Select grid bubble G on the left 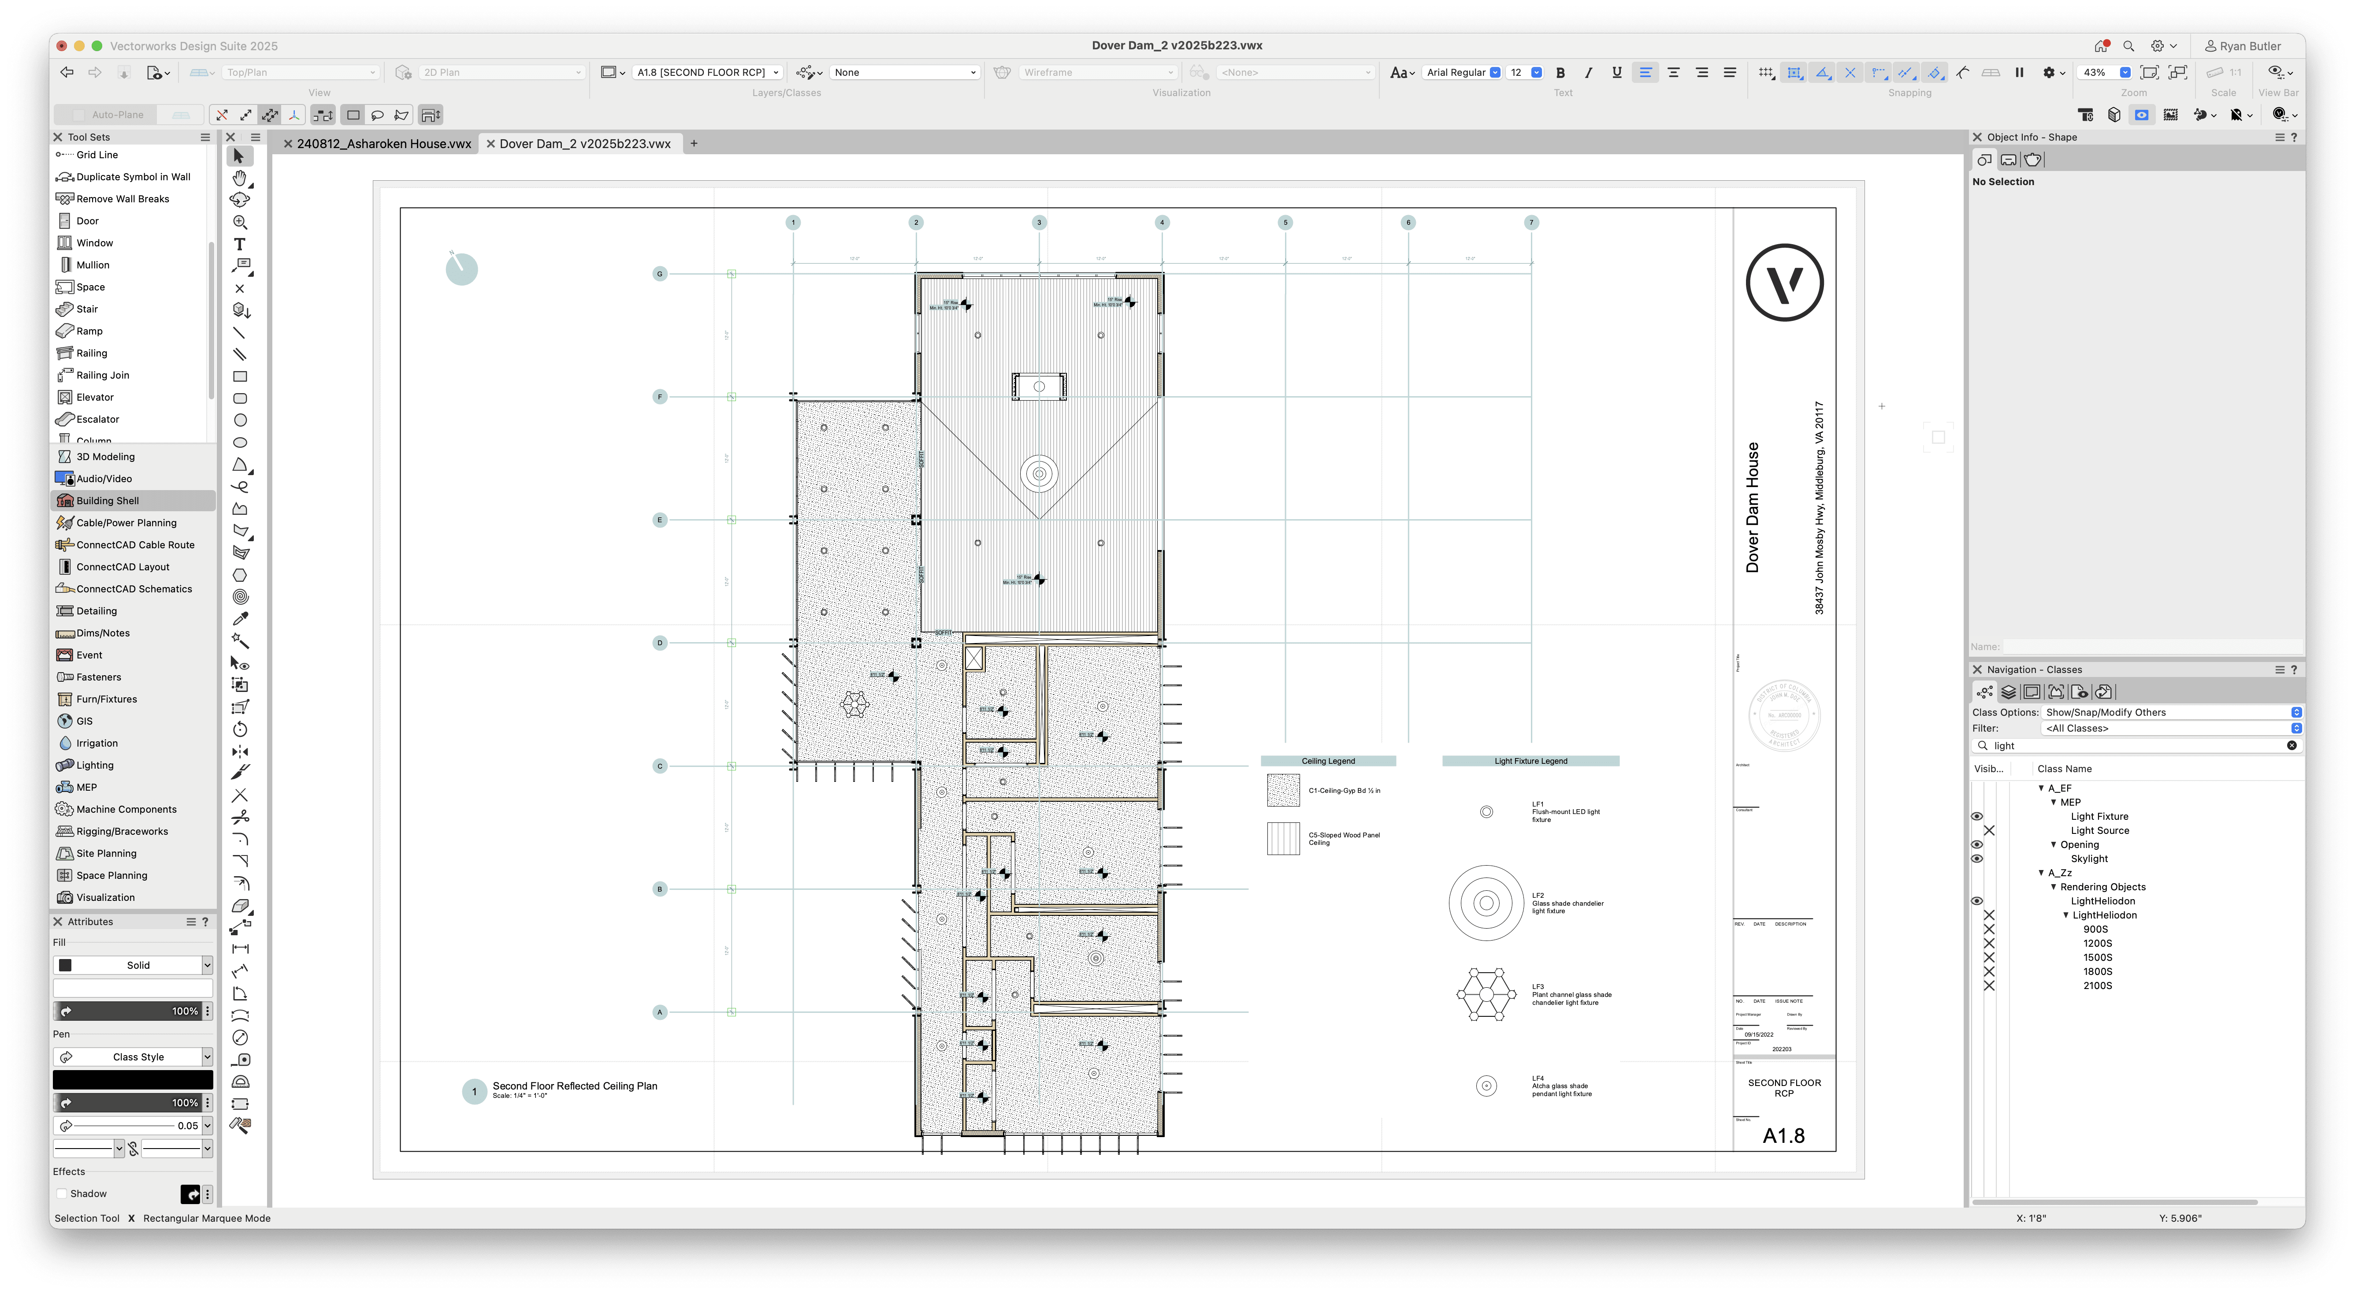coord(659,273)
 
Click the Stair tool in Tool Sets coord(87,309)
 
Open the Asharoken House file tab coord(383,144)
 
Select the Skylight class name coord(2089,859)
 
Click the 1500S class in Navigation coord(2097,957)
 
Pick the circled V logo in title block coord(1783,283)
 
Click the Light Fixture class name coord(2099,817)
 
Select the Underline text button coord(1616,72)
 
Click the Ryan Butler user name coord(2250,46)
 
